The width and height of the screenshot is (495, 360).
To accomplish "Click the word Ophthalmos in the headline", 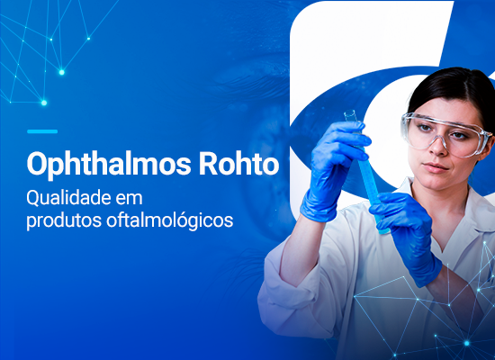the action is [109, 165].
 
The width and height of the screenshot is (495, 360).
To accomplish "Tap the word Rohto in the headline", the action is [239, 163].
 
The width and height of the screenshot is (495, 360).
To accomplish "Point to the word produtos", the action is [64, 220].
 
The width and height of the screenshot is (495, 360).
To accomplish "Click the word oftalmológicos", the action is [169, 220].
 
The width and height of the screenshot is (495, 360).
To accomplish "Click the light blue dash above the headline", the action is [42, 131].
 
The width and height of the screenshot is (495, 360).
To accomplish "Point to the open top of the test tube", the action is [350, 112].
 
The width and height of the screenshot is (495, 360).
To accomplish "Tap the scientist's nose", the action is [438, 146].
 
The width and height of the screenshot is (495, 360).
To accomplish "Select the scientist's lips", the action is [436, 167].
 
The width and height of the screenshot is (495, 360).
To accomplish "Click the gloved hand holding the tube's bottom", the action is [407, 234].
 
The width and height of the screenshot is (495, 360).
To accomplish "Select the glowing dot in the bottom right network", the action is [466, 343].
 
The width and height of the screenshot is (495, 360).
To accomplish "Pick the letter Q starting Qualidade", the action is [32, 198].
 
